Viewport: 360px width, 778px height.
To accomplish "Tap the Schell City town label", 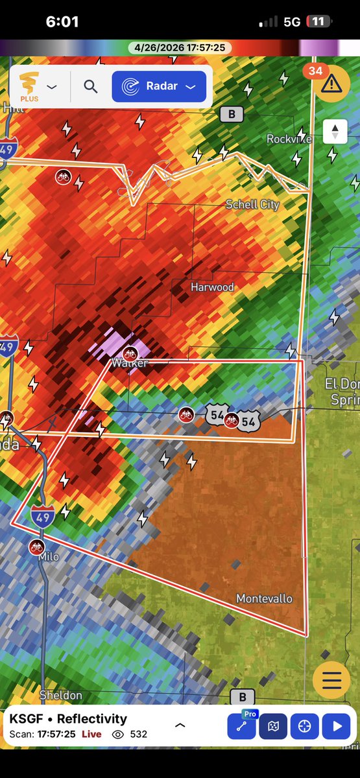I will point(252,205).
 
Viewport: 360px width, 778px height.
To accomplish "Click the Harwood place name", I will point(212,287).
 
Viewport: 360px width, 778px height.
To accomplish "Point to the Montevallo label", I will point(264,598).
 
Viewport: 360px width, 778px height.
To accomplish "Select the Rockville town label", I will point(289,139).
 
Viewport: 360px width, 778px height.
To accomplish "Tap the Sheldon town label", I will point(61,696).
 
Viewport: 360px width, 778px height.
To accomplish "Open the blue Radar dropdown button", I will point(159,87).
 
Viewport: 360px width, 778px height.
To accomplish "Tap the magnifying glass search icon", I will point(90,87).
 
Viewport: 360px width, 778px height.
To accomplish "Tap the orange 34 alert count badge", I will point(315,71).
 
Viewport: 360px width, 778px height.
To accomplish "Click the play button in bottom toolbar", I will point(337,726).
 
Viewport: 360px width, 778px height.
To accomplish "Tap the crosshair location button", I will point(304,726).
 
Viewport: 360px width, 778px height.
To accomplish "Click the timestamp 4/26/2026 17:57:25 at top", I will point(180,47).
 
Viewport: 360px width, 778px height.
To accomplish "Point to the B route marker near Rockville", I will point(231,115).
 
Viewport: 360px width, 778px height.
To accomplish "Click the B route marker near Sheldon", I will point(243,697).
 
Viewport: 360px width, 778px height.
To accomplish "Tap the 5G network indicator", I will point(292,21).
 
